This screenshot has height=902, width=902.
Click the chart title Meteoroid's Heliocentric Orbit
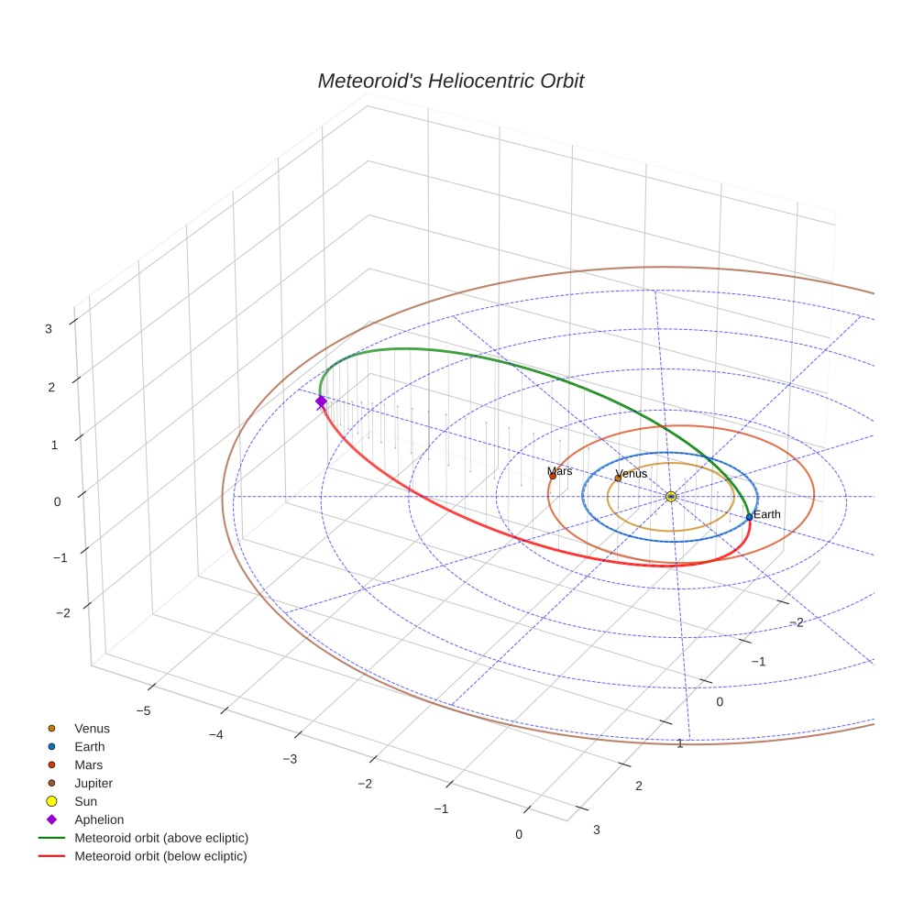(450, 82)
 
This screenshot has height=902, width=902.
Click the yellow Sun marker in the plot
(671, 496)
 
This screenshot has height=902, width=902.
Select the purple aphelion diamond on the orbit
(321, 401)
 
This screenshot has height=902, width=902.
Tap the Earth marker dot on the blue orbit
(749, 517)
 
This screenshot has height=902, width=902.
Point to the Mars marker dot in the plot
(553, 476)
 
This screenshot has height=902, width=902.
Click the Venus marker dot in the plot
(618, 478)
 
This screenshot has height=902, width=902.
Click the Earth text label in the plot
(767, 514)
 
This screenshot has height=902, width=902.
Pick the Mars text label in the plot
(560, 470)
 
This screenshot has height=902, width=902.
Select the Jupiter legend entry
(93, 783)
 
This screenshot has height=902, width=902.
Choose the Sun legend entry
(85, 801)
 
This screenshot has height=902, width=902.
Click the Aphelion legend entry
(98, 819)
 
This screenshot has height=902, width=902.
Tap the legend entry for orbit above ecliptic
(160, 838)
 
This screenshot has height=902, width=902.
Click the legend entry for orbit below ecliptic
(160, 856)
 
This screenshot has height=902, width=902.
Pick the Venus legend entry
(92, 728)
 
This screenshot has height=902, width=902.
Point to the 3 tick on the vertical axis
(49, 328)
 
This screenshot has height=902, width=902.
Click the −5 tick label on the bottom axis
(143, 710)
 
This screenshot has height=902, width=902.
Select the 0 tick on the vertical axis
(57, 500)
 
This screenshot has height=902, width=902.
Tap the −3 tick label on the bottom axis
(289, 759)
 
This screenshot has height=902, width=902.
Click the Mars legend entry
(88, 764)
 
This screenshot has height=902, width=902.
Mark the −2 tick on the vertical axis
(63, 612)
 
